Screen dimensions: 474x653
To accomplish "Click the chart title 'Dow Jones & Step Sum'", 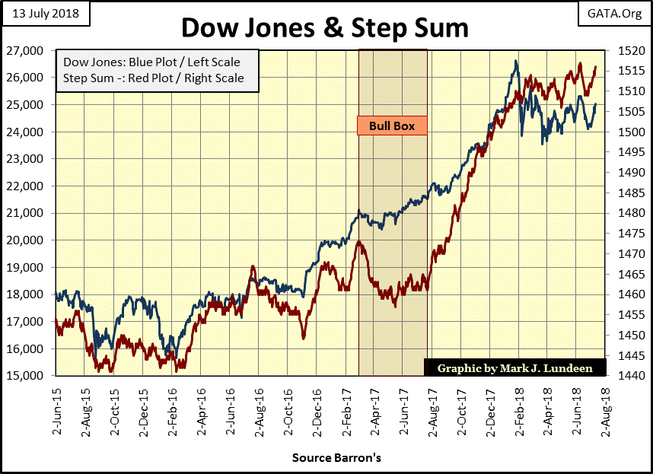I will (x=325, y=29).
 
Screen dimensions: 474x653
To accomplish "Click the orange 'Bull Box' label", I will (x=392, y=126).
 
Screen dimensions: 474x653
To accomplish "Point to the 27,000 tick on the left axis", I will (x=32, y=51).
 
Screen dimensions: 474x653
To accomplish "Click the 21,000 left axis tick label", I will (x=32, y=213).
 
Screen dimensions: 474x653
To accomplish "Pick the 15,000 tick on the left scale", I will (x=32, y=376).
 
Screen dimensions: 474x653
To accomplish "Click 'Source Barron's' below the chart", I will (x=326, y=459).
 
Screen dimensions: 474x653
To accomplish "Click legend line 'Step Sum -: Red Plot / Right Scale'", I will (x=154, y=78).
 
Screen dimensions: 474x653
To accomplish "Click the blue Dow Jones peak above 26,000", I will (x=517, y=62).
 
